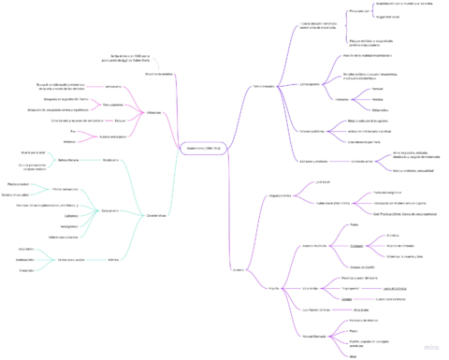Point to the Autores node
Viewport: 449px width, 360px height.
coord(238,271)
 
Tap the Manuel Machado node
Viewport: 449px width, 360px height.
coord(313,338)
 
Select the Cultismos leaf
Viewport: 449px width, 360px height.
coord(69,214)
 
